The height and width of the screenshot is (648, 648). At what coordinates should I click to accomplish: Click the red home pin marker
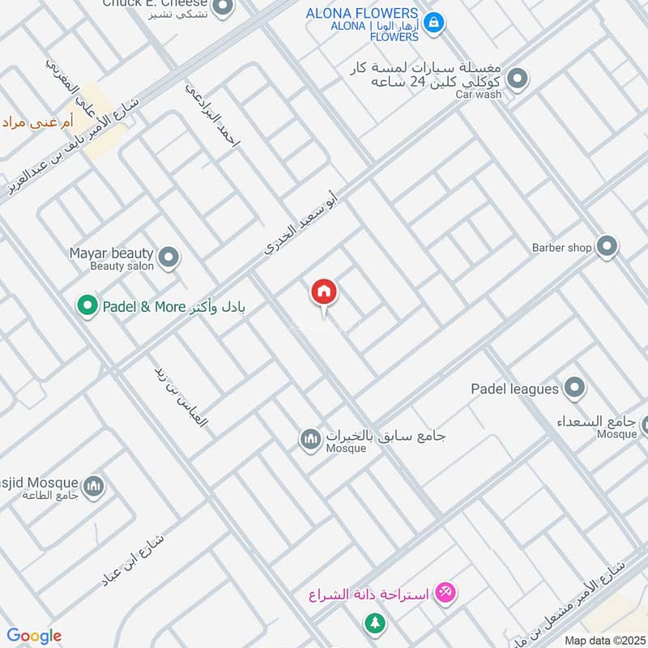tap(324, 292)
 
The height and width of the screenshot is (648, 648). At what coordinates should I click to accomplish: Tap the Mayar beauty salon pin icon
tap(168, 258)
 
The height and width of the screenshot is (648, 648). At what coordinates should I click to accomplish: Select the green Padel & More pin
tap(86, 306)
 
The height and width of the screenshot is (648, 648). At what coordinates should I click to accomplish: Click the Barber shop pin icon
tap(607, 246)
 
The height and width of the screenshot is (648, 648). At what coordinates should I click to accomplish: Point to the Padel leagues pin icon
tap(574, 389)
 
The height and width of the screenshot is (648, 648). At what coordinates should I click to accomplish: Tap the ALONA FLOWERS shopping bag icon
tap(434, 23)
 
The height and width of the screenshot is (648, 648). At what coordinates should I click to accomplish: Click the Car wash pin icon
tap(518, 79)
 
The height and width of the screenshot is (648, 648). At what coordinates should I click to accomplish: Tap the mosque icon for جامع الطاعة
tap(94, 486)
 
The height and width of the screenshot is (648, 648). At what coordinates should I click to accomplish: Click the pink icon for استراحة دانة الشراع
tap(445, 594)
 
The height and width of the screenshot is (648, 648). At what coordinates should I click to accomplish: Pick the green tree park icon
tap(374, 623)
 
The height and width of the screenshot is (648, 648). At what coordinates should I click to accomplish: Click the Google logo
tap(34, 636)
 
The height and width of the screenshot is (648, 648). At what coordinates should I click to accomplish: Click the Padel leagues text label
tap(515, 389)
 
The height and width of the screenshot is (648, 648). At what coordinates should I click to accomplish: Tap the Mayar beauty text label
tap(111, 253)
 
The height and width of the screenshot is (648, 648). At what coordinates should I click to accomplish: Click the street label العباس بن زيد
tap(181, 394)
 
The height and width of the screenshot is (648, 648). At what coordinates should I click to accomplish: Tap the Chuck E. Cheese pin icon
tap(225, 8)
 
